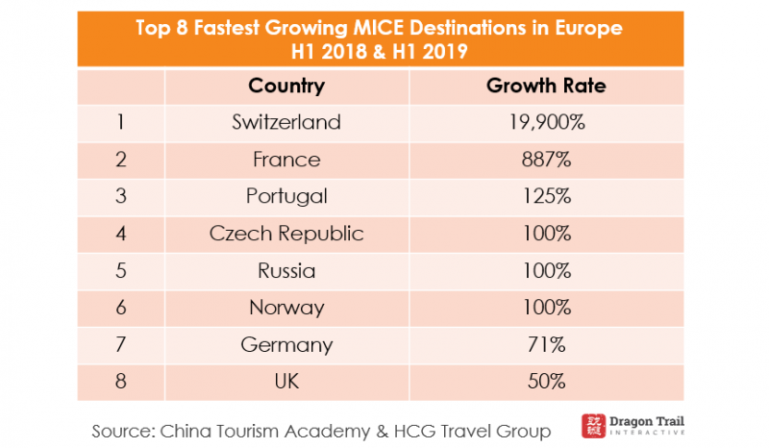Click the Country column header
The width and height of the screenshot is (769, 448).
tap(286, 86)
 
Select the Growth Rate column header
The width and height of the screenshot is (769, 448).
tap(546, 86)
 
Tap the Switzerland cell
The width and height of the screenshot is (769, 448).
tap(286, 122)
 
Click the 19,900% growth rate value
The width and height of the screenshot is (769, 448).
tap(546, 122)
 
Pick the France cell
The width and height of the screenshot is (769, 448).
tap(286, 160)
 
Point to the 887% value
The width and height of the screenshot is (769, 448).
tap(546, 160)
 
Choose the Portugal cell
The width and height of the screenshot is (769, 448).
tap(286, 196)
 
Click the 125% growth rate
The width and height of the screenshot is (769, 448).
tap(546, 196)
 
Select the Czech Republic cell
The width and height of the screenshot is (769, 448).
tap(286, 234)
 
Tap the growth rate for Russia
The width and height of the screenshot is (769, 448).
tap(546, 270)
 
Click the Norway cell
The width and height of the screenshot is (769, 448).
tap(286, 308)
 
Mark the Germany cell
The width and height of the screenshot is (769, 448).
tap(286, 344)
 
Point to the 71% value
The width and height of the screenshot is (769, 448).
tap(546, 344)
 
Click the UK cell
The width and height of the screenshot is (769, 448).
tap(286, 382)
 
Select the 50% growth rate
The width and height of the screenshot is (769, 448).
tap(546, 382)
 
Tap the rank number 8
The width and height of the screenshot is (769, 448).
tap(121, 382)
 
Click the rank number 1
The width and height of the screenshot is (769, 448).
tap(121, 122)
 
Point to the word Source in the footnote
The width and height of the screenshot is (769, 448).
tap(125, 429)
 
